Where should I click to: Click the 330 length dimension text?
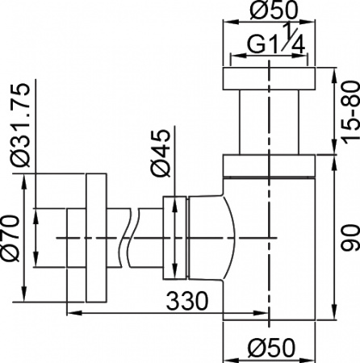point(188,301)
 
